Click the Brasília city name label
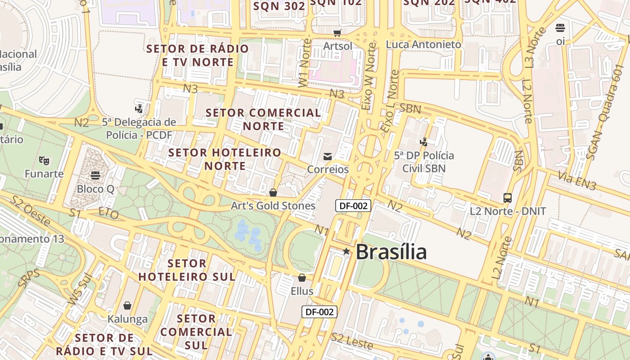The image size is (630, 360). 391,252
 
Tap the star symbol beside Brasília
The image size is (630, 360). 346,251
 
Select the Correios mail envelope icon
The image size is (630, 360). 328,157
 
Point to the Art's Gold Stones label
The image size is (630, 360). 273,206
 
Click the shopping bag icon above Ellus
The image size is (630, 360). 302,278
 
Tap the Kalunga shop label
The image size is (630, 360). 127,319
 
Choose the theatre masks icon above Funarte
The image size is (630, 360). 44,160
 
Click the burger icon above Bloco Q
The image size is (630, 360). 95,175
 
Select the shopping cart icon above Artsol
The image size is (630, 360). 337,33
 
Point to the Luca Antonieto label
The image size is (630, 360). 423,45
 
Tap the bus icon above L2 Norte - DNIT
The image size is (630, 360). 508,198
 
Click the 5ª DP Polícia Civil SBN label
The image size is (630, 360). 424,162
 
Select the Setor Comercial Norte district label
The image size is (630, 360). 263,119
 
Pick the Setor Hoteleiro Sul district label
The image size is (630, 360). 187,270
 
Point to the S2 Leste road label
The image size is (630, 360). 352,341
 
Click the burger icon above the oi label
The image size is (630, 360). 560,28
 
